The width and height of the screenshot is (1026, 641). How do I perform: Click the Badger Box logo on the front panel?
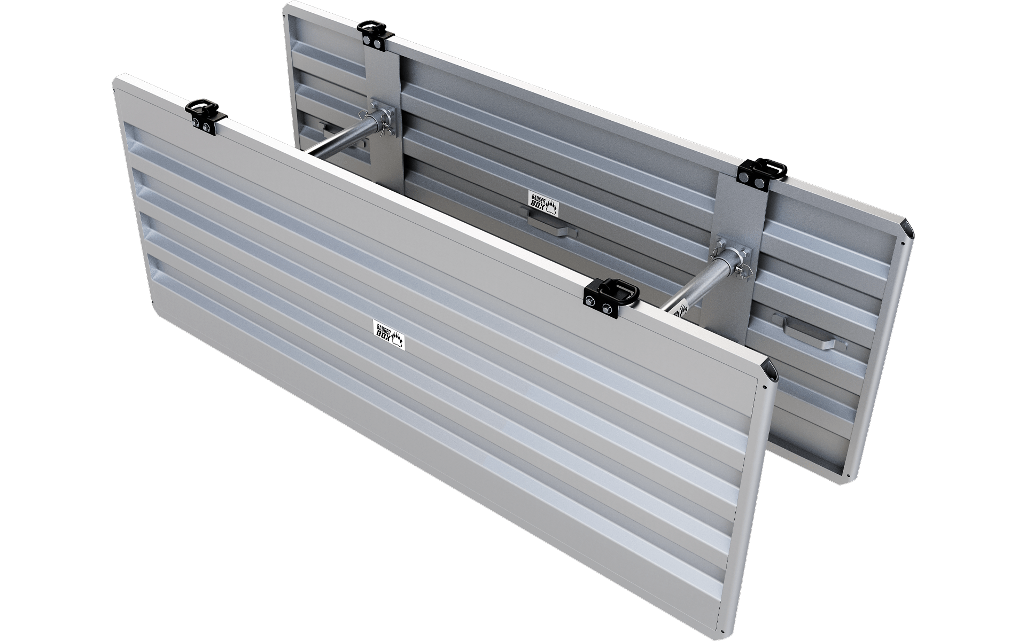click(388, 333)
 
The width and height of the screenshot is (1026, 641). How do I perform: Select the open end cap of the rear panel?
click(906, 229)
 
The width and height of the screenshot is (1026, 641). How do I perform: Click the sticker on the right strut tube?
click(679, 311)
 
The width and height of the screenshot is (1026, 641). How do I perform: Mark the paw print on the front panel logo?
click(398, 339)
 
